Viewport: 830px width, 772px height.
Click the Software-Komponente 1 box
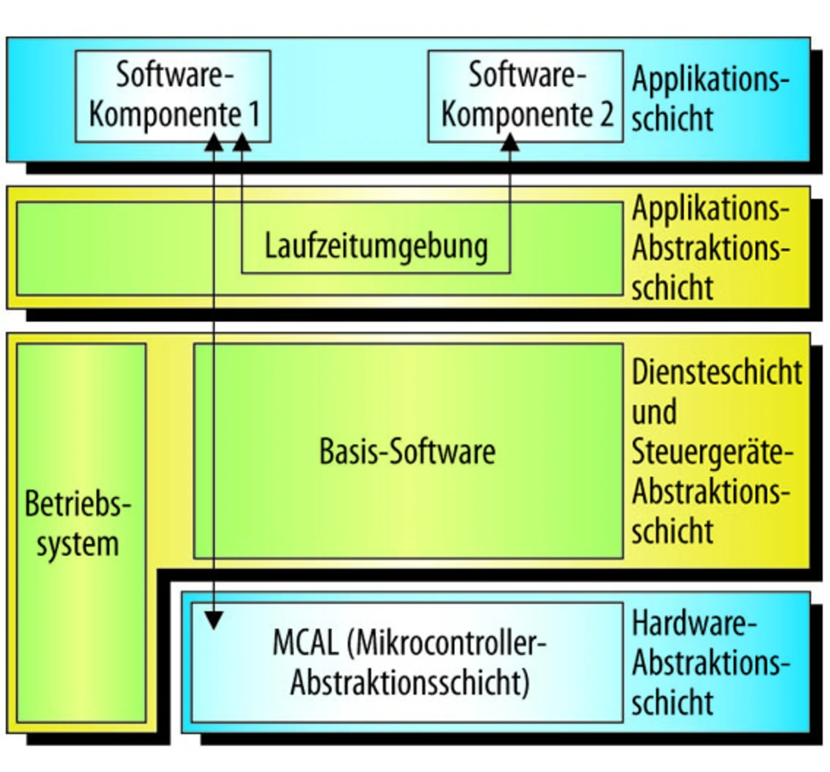click(x=173, y=95)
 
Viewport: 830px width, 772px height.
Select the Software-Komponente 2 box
click(x=525, y=95)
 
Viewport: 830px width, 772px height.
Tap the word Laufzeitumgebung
click(x=376, y=247)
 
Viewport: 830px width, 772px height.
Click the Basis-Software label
click(x=407, y=452)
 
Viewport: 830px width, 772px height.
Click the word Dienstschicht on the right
click(x=717, y=372)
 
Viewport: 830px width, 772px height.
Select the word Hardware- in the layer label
click(x=694, y=624)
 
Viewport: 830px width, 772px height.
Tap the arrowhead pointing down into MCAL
click(x=213, y=620)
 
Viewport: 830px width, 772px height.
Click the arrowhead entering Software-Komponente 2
click(x=510, y=142)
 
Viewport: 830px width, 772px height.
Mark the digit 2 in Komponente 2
click(x=606, y=115)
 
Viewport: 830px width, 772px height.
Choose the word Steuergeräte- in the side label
click(x=712, y=452)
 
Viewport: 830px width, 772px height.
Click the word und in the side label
click(x=654, y=413)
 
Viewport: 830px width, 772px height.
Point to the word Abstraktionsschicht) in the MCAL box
click(x=410, y=682)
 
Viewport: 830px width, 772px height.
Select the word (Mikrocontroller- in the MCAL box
click(x=447, y=644)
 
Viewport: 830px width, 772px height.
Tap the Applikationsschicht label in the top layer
click(x=710, y=99)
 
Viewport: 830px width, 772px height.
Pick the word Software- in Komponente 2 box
click(x=527, y=75)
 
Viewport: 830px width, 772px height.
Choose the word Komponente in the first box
click(x=165, y=115)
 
